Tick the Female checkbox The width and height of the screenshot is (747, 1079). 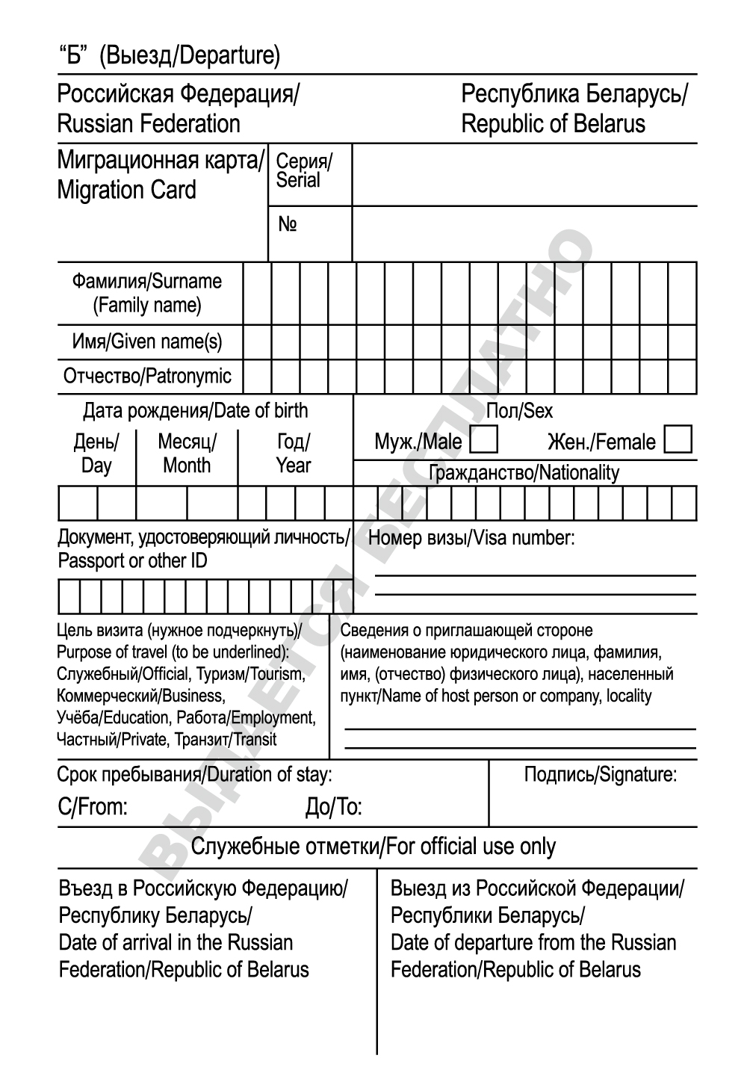(678, 439)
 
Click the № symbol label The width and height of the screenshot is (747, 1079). (288, 225)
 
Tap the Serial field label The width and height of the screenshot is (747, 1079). (303, 171)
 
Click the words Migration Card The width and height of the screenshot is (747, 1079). (126, 191)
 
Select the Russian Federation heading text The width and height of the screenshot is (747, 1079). (149, 124)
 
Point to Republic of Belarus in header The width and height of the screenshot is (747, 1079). (553, 124)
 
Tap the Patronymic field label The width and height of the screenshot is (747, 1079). (147, 376)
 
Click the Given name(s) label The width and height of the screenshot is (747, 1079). (147, 341)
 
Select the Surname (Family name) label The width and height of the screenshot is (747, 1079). (147, 293)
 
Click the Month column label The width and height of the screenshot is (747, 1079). (187, 454)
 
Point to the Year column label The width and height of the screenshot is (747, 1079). (293, 454)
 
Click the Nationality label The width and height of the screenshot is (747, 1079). (524, 473)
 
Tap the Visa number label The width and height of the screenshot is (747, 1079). (471, 538)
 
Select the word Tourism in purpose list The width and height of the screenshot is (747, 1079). (250, 674)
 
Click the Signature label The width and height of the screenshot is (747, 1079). (601, 775)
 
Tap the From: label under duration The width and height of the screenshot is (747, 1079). (93, 807)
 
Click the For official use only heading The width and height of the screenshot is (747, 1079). (373, 847)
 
